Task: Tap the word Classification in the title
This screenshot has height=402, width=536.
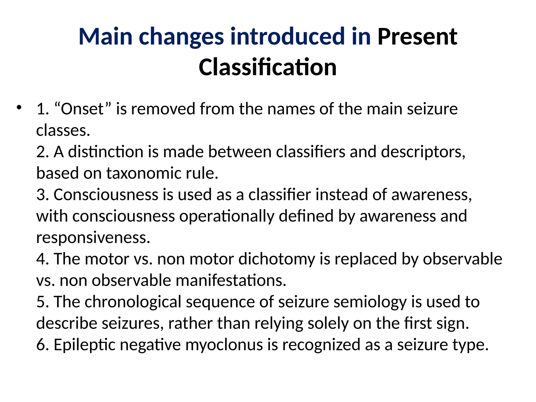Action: pyautogui.click(x=267, y=67)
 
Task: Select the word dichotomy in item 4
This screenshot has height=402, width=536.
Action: pyautogui.click(x=277, y=259)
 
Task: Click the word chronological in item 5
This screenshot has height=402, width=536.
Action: pyautogui.click(x=133, y=302)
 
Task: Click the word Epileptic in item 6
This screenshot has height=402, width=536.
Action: pyautogui.click(x=85, y=345)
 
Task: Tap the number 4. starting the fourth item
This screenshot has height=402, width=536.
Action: pyautogui.click(x=43, y=259)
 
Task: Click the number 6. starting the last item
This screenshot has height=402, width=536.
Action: pyautogui.click(x=43, y=345)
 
